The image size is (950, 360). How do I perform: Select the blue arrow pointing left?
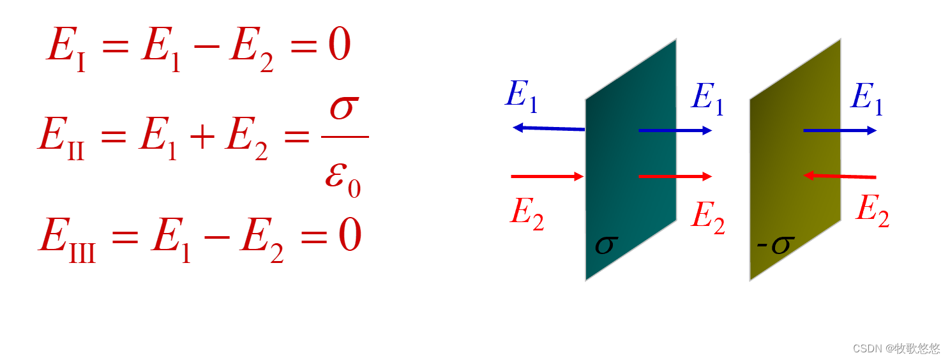click(549, 128)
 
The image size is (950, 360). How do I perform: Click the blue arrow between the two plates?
click(675, 131)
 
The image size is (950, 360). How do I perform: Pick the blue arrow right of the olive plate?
click(840, 131)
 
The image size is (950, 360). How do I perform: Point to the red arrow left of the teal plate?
click(548, 176)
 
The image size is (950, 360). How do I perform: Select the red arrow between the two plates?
click(675, 176)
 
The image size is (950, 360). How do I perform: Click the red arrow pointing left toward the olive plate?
click(840, 176)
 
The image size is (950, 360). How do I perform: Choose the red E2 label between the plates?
click(708, 217)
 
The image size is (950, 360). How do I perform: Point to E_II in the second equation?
click(61, 137)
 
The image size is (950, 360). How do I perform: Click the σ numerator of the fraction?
click(345, 109)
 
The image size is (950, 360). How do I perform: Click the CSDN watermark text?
click(896, 349)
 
